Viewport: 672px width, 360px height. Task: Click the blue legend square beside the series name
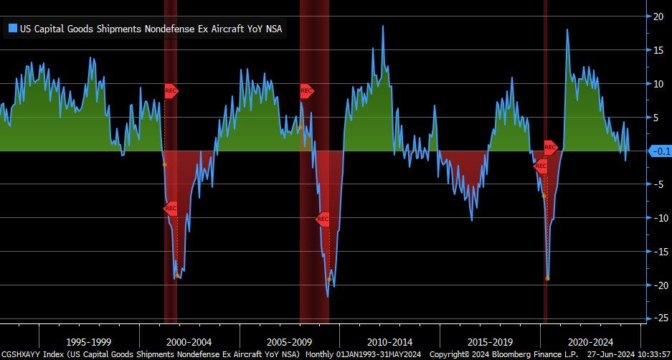pos(12,29)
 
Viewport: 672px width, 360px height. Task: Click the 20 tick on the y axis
pos(656,16)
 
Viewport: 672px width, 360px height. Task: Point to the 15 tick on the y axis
pos(656,49)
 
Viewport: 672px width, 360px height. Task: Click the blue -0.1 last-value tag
pos(659,151)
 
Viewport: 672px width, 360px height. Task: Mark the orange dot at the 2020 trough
pos(547,278)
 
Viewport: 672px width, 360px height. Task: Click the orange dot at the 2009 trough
pos(330,278)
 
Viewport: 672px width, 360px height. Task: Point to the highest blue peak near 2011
pos(382,27)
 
